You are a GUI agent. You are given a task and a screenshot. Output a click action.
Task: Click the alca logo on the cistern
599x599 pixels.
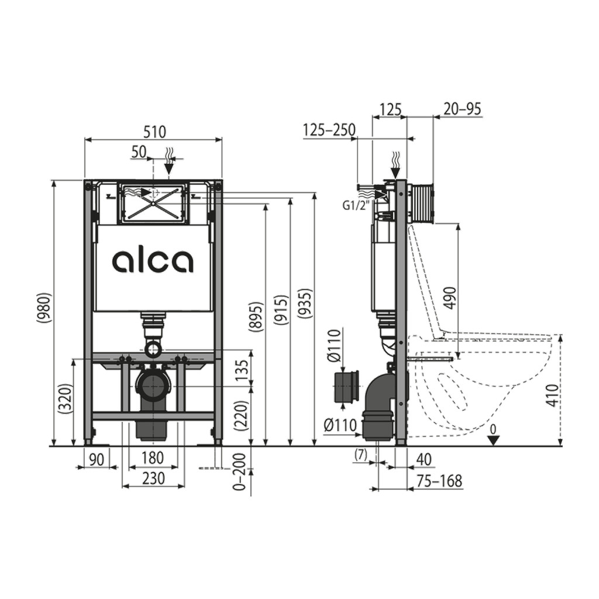click(153, 261)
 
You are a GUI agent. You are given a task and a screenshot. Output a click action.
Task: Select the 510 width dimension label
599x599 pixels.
click(154, 132)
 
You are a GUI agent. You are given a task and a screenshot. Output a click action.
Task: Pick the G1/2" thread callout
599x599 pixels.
click(356, 206)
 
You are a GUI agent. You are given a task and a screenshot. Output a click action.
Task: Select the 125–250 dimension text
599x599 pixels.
click(329, 130)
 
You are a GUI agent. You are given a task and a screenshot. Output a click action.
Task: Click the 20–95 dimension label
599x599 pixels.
click(462, 109)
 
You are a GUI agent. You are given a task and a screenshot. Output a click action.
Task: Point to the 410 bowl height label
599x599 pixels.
click(552, 395)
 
